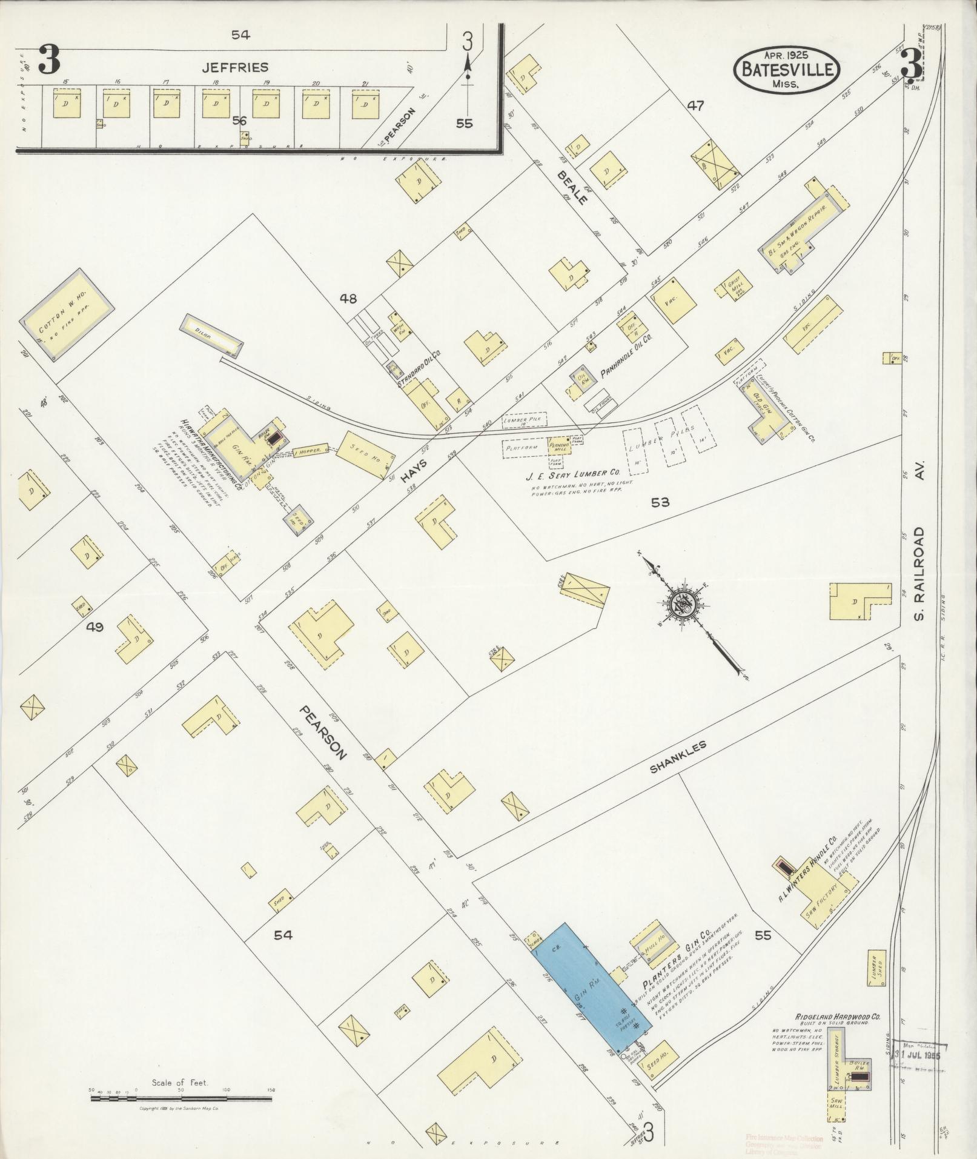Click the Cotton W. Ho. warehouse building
[x=67, y=315]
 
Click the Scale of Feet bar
[x=182, y=1097]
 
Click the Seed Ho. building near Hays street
[x=364, y=455]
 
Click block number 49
[x=95, y=627]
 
